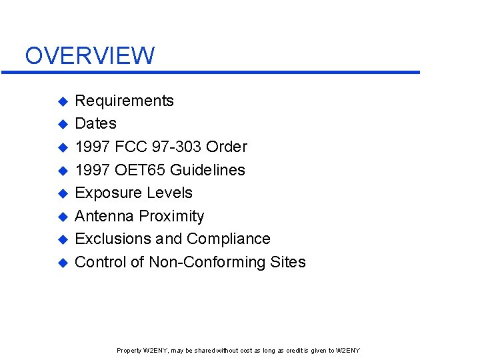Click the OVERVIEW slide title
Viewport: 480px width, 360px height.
pos(89,55)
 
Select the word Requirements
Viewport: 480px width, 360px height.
pos(124,101)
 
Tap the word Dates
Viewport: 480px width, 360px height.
pos(95,123)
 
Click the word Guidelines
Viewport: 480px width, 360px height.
pos(207,170)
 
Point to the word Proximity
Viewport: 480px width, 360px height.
pos(173,216)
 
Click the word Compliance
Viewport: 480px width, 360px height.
pos(229,239)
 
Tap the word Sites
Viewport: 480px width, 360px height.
pos(288,262)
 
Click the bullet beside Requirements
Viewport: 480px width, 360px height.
pos(62,101)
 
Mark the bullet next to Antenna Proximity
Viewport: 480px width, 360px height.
pos(62,217)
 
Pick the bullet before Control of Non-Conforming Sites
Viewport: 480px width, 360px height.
pos(62,263)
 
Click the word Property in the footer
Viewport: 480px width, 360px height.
pos(129,351)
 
